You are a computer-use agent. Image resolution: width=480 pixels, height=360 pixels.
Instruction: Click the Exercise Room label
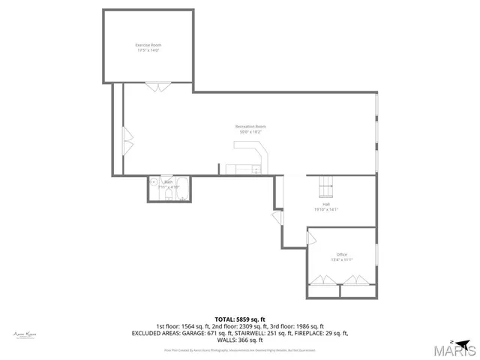148,46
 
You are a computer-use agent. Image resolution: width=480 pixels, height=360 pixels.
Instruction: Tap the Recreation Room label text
250,127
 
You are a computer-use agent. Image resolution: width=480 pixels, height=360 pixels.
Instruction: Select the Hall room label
326,204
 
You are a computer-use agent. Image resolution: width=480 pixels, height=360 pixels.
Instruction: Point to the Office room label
341,254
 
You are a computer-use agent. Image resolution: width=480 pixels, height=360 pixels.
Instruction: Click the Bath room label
169,181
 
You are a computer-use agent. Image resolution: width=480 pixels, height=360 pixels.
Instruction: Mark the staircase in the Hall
325,183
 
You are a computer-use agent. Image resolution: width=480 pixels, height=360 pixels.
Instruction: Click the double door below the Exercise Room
158,88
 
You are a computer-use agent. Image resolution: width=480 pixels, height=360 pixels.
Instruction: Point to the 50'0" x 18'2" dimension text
250,132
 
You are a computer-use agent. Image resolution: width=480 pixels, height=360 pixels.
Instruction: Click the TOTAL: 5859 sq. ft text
240,319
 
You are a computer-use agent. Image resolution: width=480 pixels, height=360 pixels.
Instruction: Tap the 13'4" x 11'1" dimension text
341,259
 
